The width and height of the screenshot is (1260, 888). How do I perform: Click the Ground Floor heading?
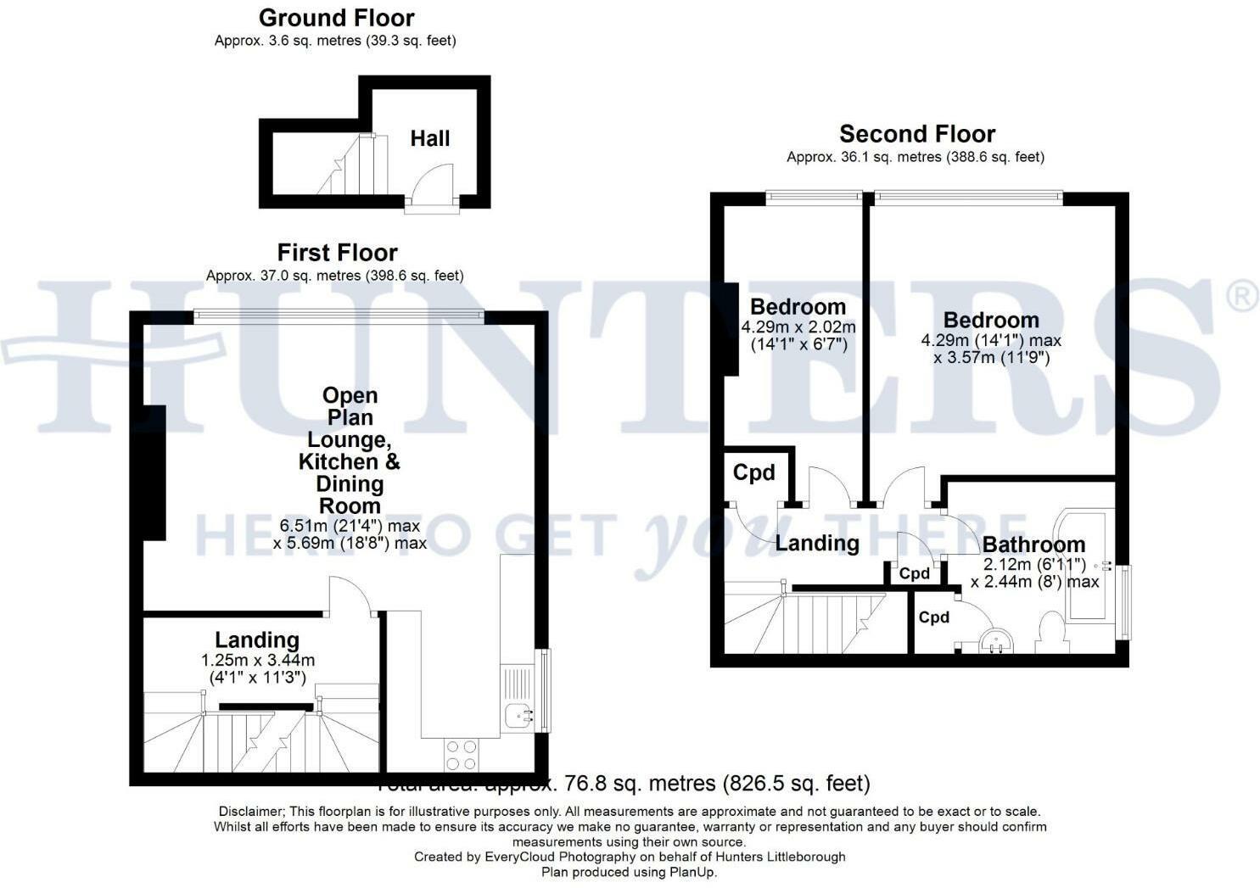click(x=336, y=18)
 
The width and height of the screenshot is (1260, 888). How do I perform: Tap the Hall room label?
click(x=430, y=138)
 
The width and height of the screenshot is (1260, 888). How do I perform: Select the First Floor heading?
click(x=337, y=253)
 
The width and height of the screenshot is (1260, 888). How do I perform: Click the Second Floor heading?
click(x=917, y=134)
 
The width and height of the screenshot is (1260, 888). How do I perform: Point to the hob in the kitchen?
click(x=462, y=753)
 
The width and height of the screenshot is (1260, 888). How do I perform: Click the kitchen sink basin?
click(x=517, y=718)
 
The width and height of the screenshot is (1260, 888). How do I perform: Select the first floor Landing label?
click(x=256, y=640)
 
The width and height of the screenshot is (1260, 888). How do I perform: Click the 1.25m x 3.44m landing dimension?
click(x=258, y=660)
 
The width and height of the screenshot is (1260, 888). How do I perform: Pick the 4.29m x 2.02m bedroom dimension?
click(x=798, y=327)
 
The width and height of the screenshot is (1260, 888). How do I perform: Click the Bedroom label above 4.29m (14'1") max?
click(x=991, y=320)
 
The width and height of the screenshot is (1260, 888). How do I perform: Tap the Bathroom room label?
click(x=1033, y=545)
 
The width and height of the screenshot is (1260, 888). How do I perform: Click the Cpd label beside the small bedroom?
click(x=753, y=472)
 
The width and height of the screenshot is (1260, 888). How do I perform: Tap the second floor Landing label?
click(x=817, y=543)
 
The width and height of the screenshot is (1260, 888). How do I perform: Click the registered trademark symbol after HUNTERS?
click(x=1242, y=298)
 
